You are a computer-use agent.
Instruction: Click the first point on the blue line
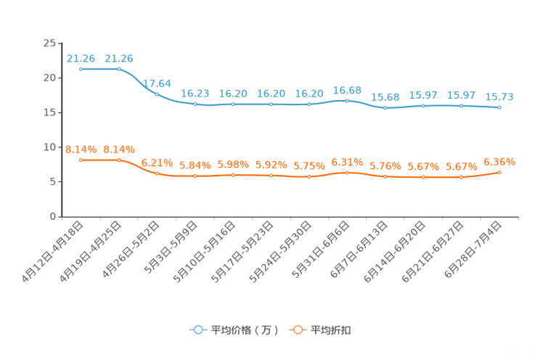(x=81, y=69)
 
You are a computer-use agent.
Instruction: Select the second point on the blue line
(x=119, y=69)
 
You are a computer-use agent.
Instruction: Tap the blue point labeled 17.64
(x=157, y=94)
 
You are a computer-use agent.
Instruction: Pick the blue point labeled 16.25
(x=195, y=105)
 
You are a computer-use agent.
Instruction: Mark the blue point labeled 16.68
(x=347, y=101)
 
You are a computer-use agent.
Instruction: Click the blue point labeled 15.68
(x=385, y=108)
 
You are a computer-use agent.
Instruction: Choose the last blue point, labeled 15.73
(x=499, y=107)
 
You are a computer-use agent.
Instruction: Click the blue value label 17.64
(x=157, y=83)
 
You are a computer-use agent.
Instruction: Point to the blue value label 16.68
(x=347, y=90)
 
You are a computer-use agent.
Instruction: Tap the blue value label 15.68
(x=385, y=97)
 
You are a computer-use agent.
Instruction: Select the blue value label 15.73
(x=499, y=97)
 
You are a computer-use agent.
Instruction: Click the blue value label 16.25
(x=195, y=94)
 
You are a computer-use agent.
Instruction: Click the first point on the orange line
(x=81, y=160)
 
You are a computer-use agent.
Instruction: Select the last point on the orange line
(x=499, y=172)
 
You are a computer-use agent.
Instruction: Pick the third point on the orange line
(x=157, y=173)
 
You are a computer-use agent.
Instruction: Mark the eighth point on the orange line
(x=347, y=172)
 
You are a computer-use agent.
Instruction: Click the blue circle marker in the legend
(x=197, y=330)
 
